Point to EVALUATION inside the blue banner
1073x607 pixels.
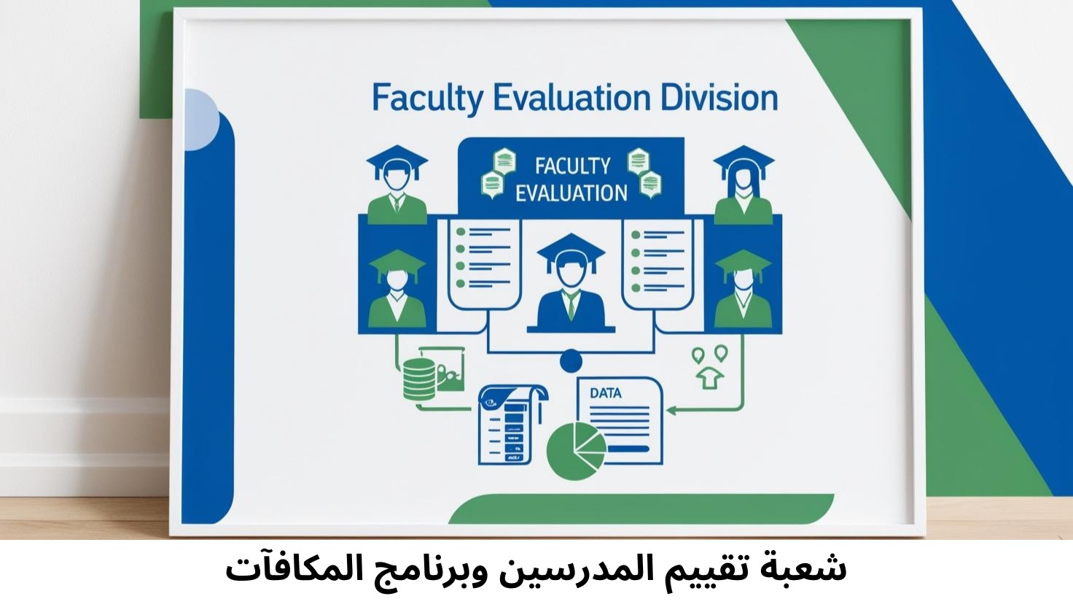[571, 193]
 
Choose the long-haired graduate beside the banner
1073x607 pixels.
[743, 186]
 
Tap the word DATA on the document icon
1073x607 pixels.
[606, 393]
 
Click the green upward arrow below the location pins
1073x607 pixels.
[710, 378]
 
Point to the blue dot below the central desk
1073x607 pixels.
[571, 360]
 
